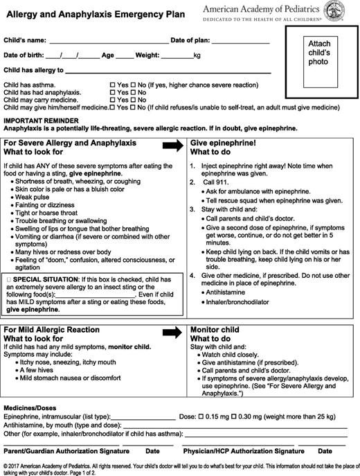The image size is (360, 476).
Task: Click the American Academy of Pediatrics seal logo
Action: [x=346, y=12]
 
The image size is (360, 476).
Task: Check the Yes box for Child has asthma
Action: [x=113, y=85]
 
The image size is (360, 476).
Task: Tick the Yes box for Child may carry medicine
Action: [x=113, y=100]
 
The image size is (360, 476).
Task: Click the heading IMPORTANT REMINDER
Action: [x=35, y=121]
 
